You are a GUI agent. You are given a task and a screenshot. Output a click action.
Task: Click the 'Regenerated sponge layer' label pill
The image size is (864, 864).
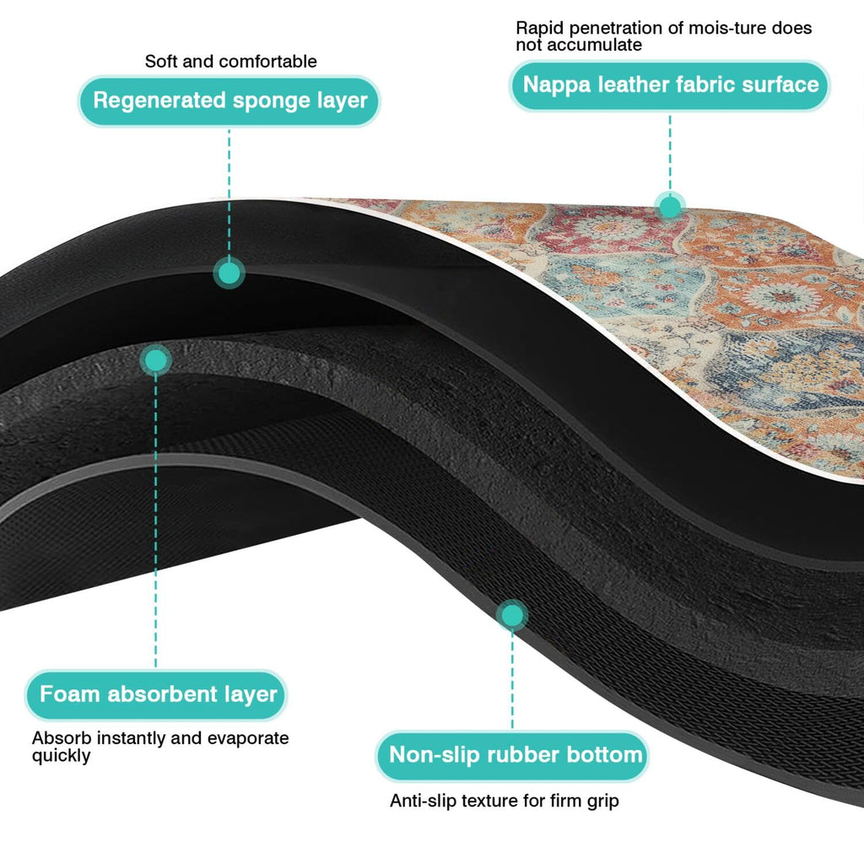point(229,101)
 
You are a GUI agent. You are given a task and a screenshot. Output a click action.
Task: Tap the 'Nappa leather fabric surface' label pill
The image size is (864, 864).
point(670,85)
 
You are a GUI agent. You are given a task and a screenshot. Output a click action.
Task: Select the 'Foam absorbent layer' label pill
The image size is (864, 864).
point(156,695)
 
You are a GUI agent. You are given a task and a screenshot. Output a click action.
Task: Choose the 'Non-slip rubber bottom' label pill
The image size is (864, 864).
point(512,755)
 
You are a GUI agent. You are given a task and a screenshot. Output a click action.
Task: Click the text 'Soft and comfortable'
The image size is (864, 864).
point(231,61)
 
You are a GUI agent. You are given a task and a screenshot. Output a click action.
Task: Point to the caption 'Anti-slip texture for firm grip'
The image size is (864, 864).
point(505,801)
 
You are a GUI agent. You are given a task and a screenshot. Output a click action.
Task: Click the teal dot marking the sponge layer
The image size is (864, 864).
point(229,273)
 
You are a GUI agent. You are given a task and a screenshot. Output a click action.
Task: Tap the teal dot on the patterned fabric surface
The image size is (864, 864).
point(670,208)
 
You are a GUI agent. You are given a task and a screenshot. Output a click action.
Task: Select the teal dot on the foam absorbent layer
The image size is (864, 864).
point(155,361)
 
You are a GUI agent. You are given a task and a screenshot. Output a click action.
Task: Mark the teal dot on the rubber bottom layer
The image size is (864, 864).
point(512,615)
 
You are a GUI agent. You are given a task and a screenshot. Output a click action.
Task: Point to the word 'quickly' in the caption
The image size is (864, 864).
point(61,756)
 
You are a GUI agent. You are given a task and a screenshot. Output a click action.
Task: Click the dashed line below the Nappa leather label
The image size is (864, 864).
point(670,154)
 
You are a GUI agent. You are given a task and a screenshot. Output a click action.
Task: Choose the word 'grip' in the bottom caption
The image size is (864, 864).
point(602,802)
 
